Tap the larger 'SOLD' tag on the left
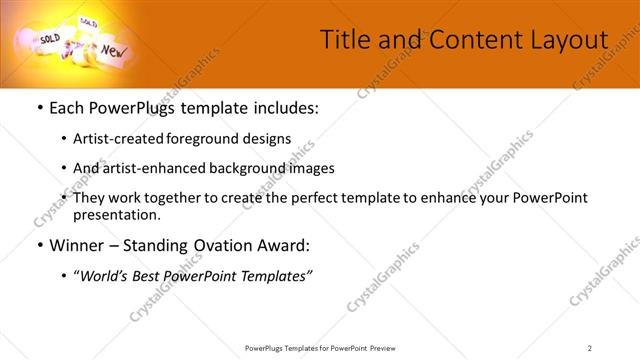(x=50, y=38)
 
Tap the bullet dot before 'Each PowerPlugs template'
(x=39, y=108)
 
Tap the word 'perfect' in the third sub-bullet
(x=336, y=198)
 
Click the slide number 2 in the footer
(x=589, y=348)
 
